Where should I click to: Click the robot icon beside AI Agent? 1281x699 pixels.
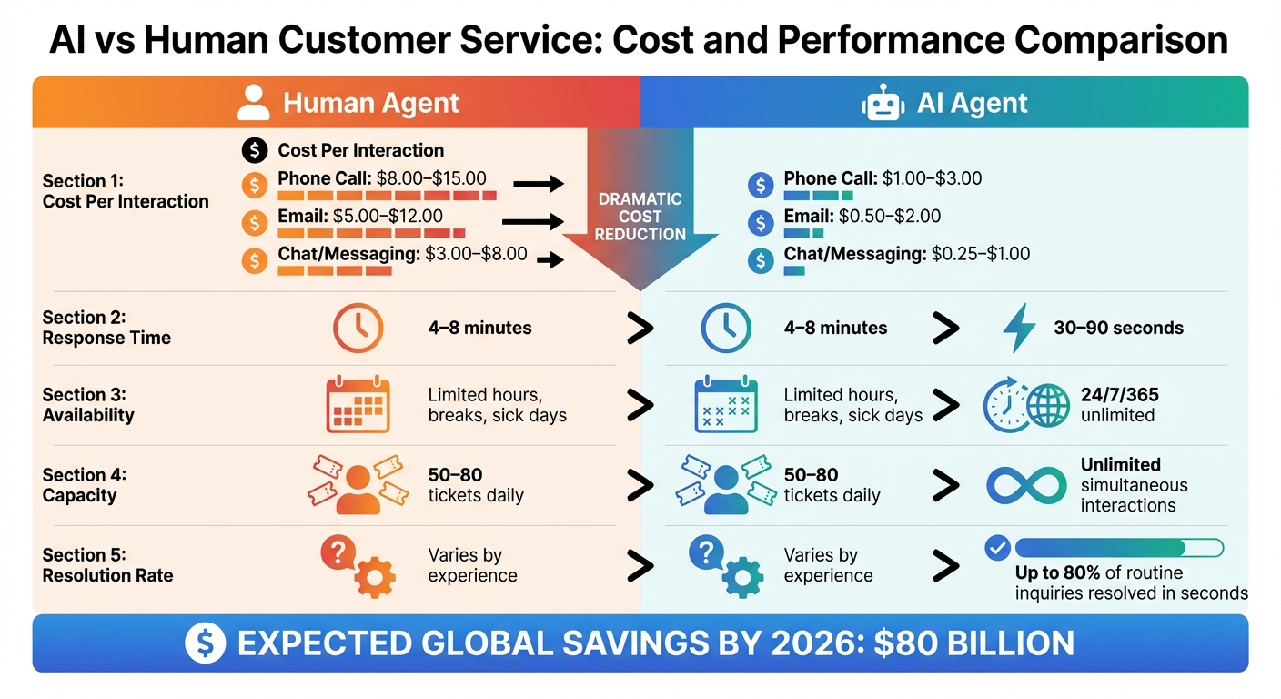[883, 104]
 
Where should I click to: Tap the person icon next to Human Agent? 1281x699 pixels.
[254, 103]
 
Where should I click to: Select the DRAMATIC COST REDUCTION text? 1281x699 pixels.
[640, 217]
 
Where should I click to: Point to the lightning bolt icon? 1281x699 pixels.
[1018, 328]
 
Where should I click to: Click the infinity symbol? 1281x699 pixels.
[1026, 486]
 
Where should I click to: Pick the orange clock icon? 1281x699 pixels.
[358, 328]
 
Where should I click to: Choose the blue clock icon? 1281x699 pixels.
[726, 328]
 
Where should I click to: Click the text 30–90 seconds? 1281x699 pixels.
[1118, 328]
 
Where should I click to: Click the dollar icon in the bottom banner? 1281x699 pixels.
[205, 643]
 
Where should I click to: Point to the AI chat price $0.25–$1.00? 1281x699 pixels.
[981, 254]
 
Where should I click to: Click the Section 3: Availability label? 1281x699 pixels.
[88, 405]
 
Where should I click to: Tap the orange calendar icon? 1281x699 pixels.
[358, 406]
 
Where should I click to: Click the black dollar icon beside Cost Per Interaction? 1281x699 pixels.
[255, 150]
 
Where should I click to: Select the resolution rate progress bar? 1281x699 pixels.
[1118, 547]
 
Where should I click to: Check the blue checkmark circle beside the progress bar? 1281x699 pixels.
[997, 547]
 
